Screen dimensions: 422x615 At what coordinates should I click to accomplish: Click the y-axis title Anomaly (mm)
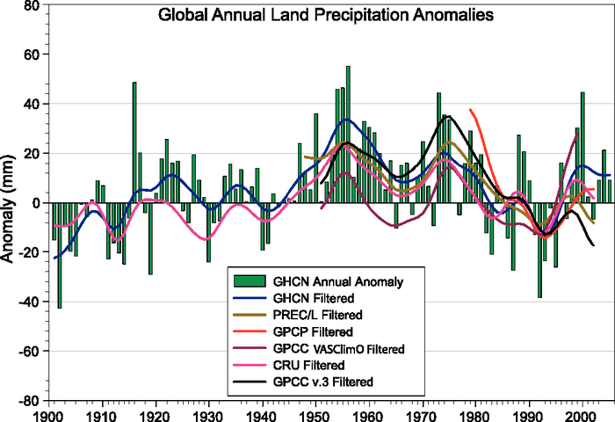click(x=11, y=204)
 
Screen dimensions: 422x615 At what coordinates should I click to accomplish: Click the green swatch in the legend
click(x=250, y=282)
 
